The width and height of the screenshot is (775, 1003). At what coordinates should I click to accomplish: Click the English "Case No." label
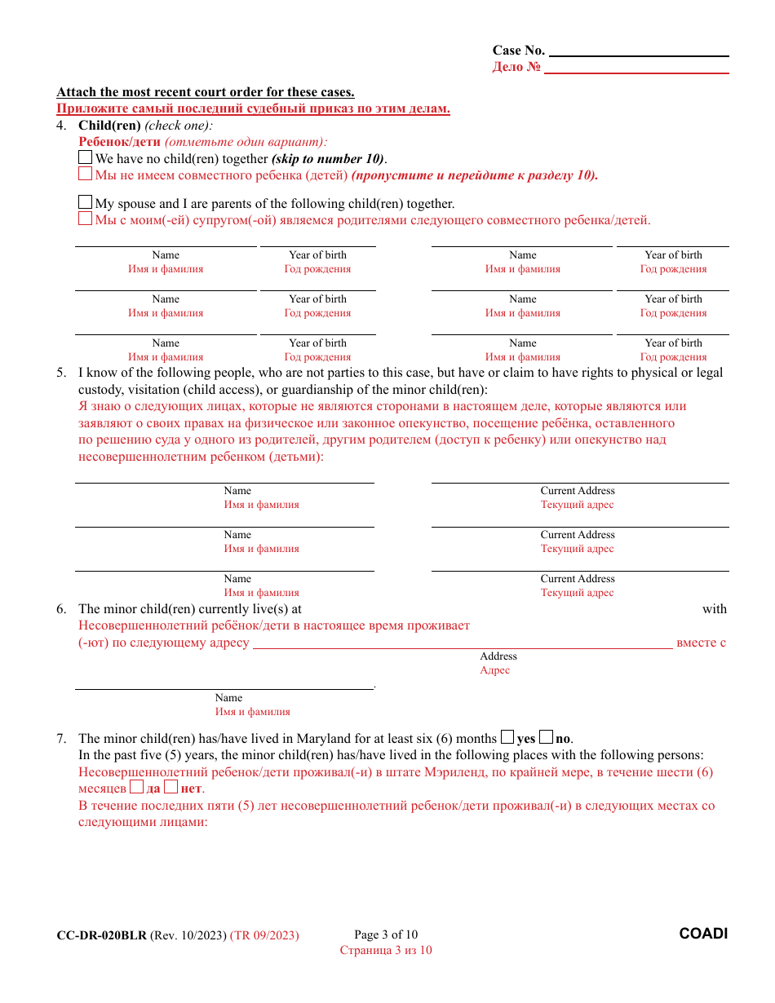(518, 51)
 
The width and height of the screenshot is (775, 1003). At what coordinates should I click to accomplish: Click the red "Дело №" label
(516, 67)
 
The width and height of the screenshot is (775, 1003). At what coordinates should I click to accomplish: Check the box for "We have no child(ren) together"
(86, 158)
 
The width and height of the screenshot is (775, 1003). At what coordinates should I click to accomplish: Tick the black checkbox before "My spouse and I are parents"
(86, 202)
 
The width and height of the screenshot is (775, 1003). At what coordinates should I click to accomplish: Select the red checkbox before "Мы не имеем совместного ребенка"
(86, 175)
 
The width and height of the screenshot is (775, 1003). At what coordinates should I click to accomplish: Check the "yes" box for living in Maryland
(507, 737)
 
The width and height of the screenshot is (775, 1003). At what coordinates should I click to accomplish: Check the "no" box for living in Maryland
(547, 737)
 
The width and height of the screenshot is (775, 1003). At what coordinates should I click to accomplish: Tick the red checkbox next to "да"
(137, 788)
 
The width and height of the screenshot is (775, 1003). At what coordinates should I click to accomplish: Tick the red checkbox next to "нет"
(170, 788)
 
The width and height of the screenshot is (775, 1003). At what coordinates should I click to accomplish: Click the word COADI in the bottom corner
(703, 934)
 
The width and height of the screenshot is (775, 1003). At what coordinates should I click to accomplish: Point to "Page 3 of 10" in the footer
(386, 935)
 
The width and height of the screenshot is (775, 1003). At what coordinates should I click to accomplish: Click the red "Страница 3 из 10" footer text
(386, 950)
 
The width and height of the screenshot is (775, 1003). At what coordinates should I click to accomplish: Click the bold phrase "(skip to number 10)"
(329, 159)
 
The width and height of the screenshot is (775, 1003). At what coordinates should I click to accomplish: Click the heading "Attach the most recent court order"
(206, 92)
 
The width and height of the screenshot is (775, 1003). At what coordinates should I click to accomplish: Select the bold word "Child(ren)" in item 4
(109, 126)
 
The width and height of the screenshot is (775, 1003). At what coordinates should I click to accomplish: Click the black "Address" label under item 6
(498, 656)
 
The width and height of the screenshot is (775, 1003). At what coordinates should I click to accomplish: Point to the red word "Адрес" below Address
(495, 670)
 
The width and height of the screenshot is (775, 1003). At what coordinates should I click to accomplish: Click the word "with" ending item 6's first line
(714, 609)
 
